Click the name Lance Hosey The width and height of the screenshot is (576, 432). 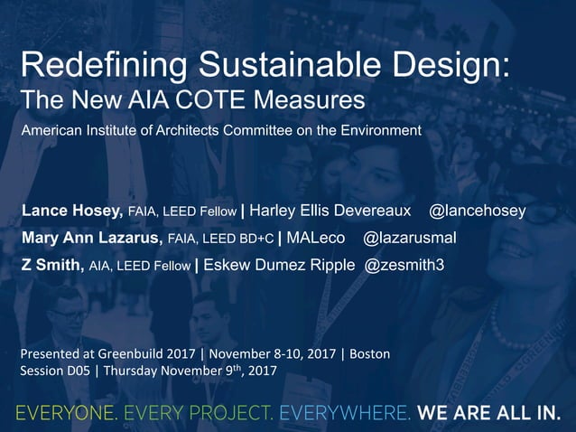[x=72, y=211]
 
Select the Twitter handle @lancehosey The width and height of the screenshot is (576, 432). [x=477, y=211]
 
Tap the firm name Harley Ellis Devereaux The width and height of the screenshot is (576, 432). [x=330, y=211]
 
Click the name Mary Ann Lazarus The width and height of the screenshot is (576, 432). [x=91, y=238]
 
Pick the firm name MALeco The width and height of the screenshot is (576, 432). [x=316, y=238]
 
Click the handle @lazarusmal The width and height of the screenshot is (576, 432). [x=410, y=238]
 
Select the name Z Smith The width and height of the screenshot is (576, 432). [x=53, y=265]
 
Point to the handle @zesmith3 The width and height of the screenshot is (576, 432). [x=404, y=265]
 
